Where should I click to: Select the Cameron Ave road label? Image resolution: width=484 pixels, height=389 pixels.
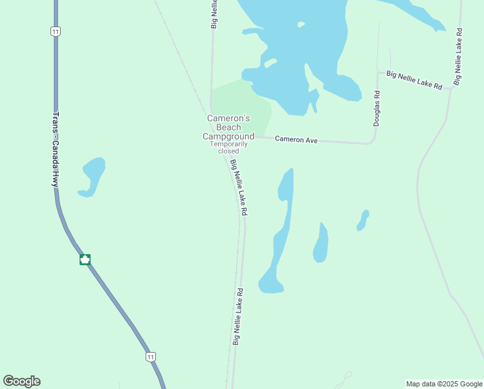[x=296, y=139]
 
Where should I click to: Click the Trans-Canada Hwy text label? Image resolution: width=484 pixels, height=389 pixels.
[x=56, y=150]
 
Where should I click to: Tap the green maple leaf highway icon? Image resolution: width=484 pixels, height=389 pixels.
[x=85, y=259]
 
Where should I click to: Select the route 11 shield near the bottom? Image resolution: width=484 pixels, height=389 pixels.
[x=151, y=357]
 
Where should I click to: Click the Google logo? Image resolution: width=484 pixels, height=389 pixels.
[x=22, y=381]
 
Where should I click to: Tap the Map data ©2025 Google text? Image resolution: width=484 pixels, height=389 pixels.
[x=443, y=384]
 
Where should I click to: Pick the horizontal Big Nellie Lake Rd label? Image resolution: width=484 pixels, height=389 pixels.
[x=414, y=80]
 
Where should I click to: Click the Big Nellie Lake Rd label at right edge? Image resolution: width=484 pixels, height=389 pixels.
[x=458, y=56]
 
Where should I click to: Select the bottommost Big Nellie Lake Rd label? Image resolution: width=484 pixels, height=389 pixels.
[x=237, y=316]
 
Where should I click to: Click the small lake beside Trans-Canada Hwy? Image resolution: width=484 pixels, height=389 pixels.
[x=92, y=175]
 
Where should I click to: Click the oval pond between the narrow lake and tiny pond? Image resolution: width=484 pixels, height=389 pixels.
[x=320, y=244]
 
